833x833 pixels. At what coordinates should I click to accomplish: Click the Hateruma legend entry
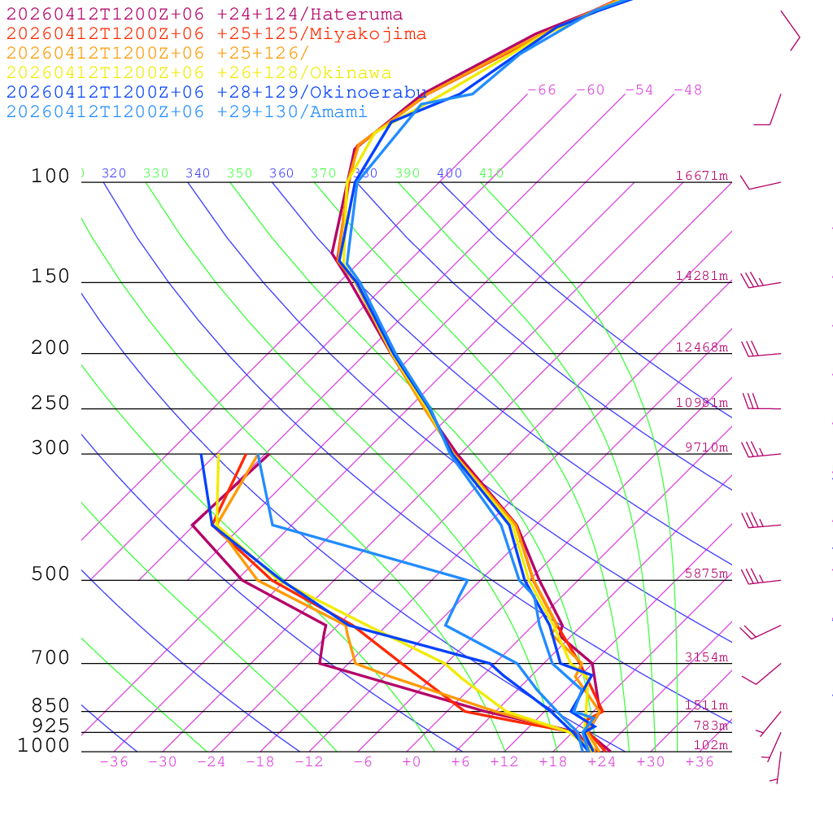204,15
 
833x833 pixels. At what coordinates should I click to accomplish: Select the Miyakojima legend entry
216,34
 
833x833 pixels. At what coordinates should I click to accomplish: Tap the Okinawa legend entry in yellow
198,73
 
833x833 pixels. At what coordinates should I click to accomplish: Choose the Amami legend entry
186,112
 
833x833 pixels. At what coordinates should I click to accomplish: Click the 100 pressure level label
50,177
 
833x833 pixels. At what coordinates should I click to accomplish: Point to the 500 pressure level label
50,574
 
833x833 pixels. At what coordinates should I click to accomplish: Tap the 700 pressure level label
50,658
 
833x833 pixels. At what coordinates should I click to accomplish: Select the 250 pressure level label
50,403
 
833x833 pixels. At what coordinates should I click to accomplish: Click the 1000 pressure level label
43,746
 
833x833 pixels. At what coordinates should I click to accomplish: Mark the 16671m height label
701,176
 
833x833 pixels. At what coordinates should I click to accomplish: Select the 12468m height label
701,347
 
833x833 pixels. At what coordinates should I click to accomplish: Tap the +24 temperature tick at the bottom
602,762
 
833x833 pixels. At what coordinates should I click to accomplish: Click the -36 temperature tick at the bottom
114,762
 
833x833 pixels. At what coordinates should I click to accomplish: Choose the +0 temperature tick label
412,762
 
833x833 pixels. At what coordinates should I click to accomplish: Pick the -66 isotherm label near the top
542,90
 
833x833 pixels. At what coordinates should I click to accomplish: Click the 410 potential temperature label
491,173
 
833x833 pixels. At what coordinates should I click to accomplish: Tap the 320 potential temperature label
114,173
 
